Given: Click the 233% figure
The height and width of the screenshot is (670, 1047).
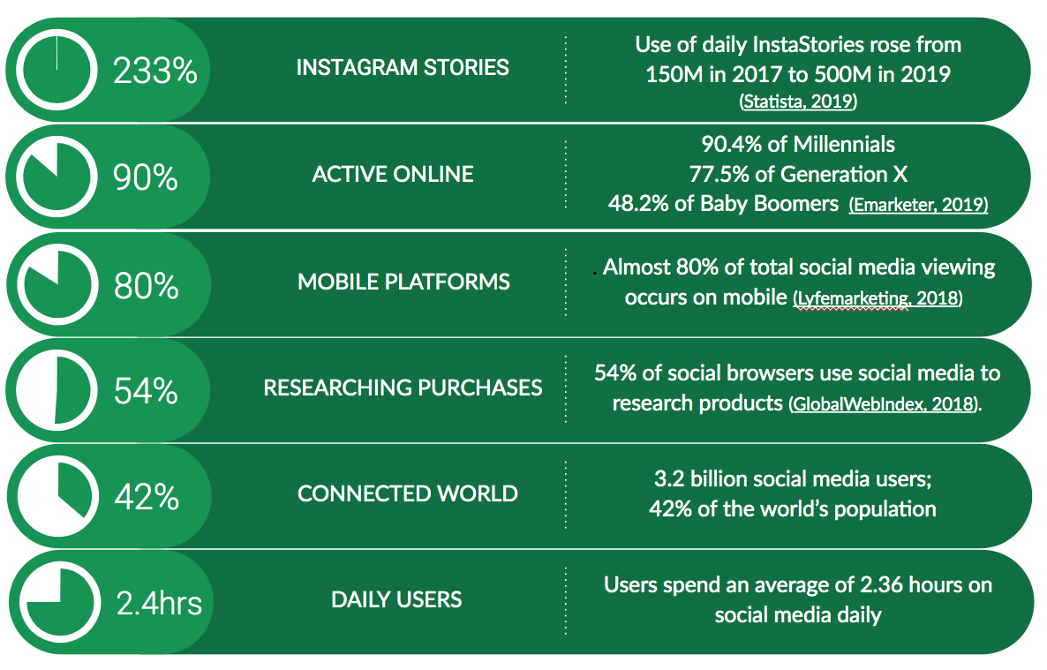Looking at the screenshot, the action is coord(154,70).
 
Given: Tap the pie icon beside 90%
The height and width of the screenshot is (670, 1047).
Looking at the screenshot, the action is coord(56,177).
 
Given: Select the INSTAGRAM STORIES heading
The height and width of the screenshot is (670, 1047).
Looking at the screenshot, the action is coord(403,67).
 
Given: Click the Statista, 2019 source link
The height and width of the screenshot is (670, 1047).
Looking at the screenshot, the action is coord(799,102).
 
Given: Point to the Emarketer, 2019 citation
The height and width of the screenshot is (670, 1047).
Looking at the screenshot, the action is coord(919,205).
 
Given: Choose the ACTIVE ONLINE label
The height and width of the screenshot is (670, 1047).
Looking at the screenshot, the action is coord(393,175).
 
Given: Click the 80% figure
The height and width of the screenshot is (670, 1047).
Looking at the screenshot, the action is coord(146,286).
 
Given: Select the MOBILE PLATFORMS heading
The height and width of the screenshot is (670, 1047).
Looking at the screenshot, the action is coord(403,282).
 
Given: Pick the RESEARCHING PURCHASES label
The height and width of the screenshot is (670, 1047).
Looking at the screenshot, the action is coord(403,388).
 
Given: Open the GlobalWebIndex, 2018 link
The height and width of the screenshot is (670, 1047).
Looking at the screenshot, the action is coord(884,404).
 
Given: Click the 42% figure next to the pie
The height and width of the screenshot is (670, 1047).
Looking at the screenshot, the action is coord(147,497).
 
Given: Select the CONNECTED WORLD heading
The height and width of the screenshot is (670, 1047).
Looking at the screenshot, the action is coord(407,493).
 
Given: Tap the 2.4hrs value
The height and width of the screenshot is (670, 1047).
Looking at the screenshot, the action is coord(159,603).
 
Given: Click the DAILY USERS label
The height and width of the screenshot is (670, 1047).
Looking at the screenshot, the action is coord(396,600).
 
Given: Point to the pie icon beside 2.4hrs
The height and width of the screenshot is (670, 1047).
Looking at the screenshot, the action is coord(59,602).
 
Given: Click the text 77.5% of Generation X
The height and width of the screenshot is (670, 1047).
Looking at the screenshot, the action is coord(798,175).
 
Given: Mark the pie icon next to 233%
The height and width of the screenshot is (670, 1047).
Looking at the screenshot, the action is coord(56,70).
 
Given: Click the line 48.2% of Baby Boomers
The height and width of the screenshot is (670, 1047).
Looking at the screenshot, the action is coord(723,204).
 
